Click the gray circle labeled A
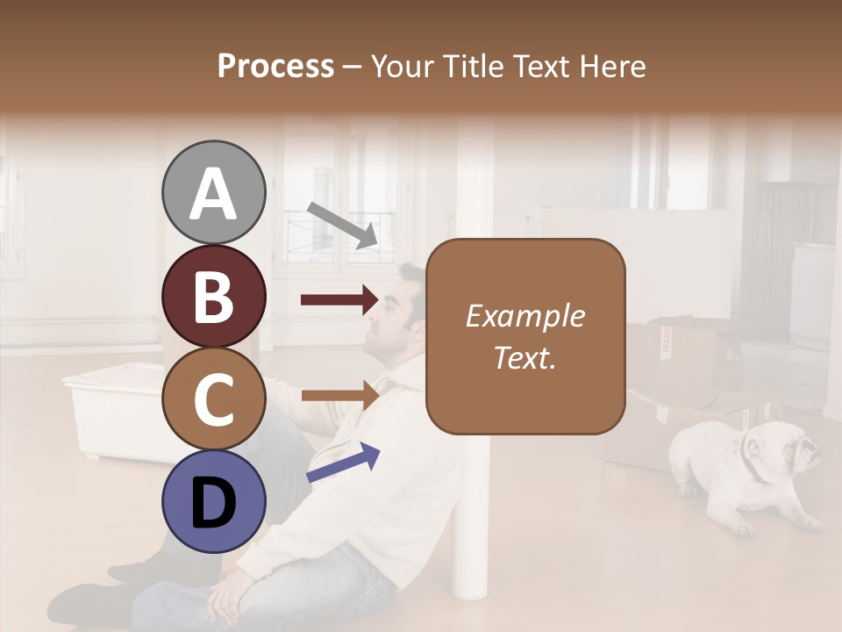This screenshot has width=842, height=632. click(x=213, y=193)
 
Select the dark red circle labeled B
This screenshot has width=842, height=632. click(x=213, y=296)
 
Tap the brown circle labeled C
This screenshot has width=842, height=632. click(x=213, y=399)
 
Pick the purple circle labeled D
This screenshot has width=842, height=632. click(x=213, y=501)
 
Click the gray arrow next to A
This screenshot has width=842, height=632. click(x=342, y=224)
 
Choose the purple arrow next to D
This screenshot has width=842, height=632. click(x=343, y=463)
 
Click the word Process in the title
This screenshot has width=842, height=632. click(x=275, y=66)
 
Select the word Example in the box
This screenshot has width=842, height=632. click(x=524, y=316)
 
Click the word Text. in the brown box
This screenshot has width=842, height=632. click(x=524, y=357)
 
